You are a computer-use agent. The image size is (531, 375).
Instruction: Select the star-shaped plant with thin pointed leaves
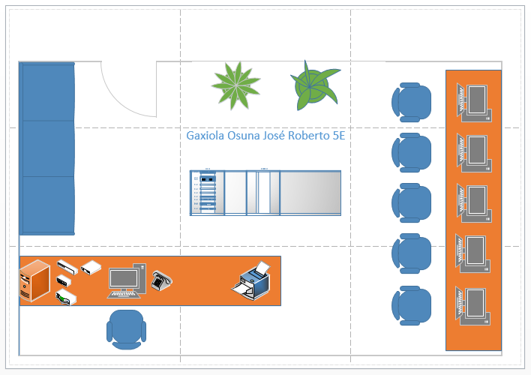click(x=235, y=84)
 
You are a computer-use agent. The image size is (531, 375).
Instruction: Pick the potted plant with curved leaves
click(x=314, y=87)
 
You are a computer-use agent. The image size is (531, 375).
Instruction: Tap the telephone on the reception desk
click(x=162, y=280)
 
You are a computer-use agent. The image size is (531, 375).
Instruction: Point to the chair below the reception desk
click(x=127, y=329)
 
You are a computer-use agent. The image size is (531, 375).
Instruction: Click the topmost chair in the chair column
click(x=412, y=102)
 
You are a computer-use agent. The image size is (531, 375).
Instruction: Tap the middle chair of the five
click(x=412, y=203)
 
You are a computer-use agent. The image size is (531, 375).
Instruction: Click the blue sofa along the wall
click(x=47, y=148)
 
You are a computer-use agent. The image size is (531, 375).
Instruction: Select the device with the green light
click(x=65, y=298)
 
